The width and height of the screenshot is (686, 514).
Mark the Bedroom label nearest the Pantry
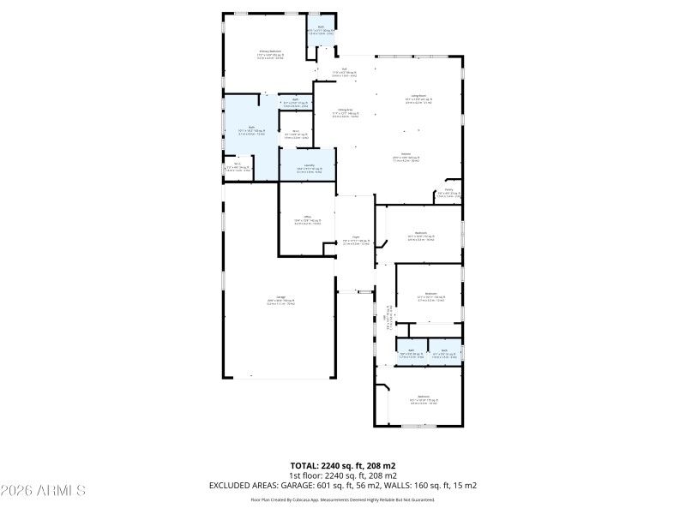click(x=421, y=234)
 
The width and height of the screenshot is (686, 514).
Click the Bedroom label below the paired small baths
click(x=423, y=397)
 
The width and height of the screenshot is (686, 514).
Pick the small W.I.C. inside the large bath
click(x=237, y=165)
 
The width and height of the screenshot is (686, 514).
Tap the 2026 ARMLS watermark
click(x=43, y=491)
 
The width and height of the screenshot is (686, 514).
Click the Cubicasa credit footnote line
click(x=342, y=499)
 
